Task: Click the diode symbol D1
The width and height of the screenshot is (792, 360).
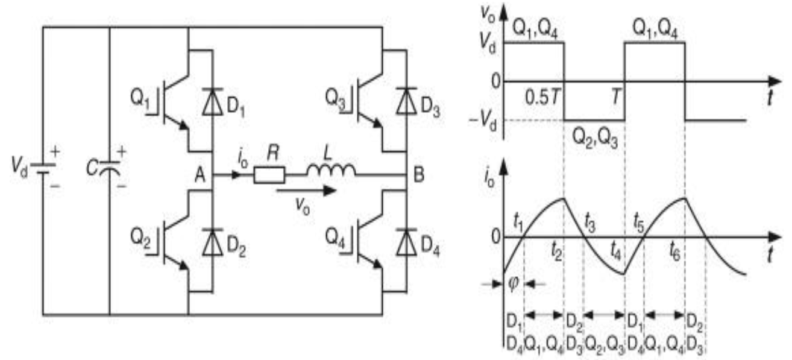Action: (x=213, y=101)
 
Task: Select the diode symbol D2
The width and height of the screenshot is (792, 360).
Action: (x=213, y=242)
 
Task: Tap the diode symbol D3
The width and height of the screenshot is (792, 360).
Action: (x=406, y=101)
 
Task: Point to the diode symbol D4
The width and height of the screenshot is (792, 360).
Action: (x=406, y=242)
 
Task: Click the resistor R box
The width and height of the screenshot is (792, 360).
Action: (x=269, y=175)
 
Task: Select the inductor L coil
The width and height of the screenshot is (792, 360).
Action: (x=331, y=170)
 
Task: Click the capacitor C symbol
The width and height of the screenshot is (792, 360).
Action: (x=110, y=168)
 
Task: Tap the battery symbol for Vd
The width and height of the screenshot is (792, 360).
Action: (x=43, y=169)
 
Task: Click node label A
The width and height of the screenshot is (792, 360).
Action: (x=200, y=175)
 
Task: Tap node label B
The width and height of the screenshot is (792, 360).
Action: (x=419, y=175)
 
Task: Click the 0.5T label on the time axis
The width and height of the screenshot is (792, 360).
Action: (x=542, y=97)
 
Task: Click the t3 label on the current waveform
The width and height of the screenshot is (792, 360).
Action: (x=589, y=224)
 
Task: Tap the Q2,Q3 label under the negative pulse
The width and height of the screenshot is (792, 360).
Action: (x=595, y=138)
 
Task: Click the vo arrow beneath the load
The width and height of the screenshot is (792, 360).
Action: (x=306, y=191)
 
